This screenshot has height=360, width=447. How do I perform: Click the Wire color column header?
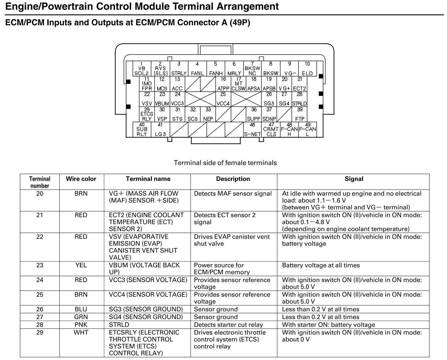tap(81, 179)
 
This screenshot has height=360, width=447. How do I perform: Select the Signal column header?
tap(354, 179)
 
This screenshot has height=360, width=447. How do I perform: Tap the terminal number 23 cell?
tap(40, 265)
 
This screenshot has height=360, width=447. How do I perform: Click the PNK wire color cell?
tap(81, 325)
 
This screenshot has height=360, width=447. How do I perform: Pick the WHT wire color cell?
tap(81, 333)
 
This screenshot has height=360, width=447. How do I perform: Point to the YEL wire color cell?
tap(81, 265)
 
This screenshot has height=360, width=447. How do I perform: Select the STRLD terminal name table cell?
tap(119, 325)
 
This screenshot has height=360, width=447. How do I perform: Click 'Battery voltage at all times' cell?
tap(321, 265)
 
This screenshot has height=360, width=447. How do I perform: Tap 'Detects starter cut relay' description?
tap(228, 325)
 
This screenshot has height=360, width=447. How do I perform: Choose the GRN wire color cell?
tap(81, 317)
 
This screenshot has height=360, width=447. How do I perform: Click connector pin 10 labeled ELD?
tap(307, 69)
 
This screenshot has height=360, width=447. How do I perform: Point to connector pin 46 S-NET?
tap(253, 130)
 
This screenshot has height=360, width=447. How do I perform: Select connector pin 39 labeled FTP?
tap(300, 114)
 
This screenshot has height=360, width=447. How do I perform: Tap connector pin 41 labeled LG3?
tap(160, 130)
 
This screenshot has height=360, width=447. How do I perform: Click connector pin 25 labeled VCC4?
tap(223, 99)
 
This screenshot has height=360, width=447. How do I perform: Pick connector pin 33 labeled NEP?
tap(208, 114)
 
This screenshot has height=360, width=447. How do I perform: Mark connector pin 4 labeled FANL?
tap(197, 69)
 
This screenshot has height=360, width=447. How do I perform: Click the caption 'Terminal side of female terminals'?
tap(225, 163)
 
